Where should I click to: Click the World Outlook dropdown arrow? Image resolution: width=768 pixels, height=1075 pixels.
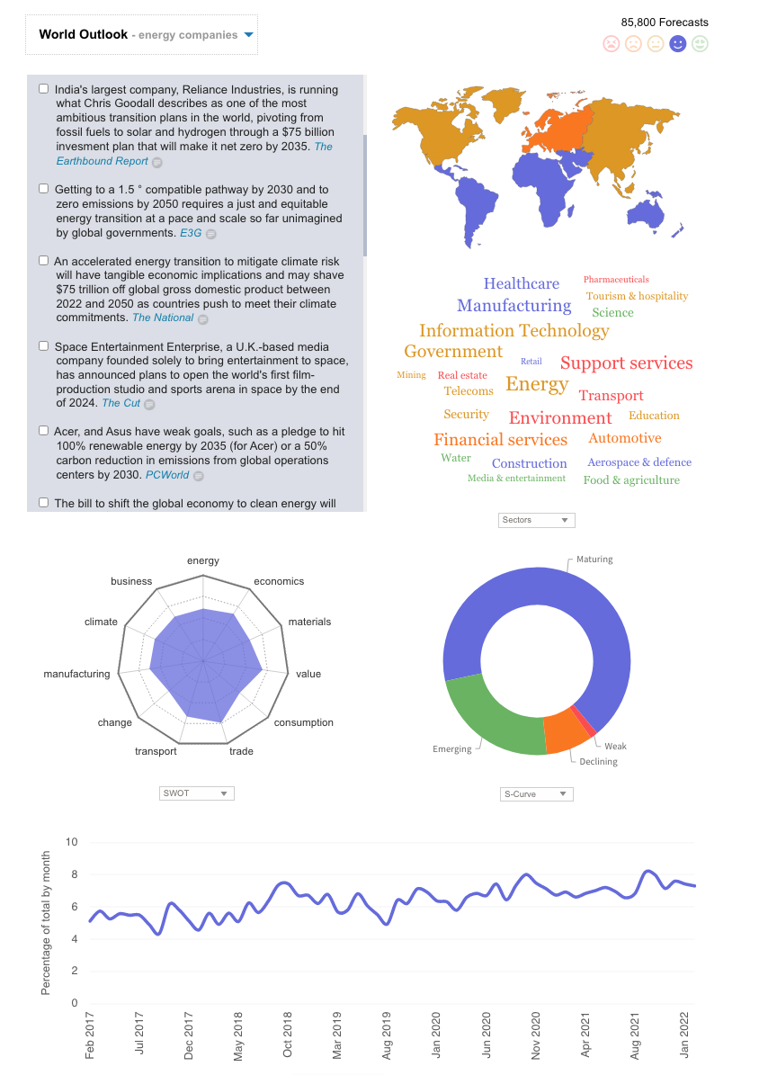tap(249, 35)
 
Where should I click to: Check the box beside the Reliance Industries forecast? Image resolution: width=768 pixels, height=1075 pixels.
tap(43, 89)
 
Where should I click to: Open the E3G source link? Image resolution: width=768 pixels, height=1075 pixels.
tap(191, 233)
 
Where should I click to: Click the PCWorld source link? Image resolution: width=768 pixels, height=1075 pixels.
tap(167, 474)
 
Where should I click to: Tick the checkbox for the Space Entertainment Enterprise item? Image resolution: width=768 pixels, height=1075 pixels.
tap(43, 346)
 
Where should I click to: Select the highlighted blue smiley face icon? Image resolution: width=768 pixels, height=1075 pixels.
tap(678, 43)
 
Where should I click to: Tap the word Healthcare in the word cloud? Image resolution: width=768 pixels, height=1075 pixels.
tap(521, 283)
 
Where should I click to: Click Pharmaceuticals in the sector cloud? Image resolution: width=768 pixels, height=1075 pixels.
tap(615, 279)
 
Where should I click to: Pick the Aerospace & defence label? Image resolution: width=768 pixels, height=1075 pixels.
tap(639, 461)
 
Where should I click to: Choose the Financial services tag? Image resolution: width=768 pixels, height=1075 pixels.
tap(500, 439)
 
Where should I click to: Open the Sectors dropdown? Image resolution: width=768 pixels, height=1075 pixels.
tap(536, 520)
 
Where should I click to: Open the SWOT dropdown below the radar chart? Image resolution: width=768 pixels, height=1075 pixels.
tap(196, 793)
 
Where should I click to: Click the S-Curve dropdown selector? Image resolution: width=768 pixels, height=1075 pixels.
tap(536, 794)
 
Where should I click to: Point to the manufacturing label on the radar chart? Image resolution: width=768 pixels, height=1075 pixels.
tap(76, 674)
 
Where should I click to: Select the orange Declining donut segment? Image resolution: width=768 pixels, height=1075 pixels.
tap(567, 731)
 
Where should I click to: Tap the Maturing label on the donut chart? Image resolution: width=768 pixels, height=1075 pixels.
tap(594, 560)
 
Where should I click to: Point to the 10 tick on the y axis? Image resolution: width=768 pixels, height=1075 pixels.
tap(73, 842)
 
